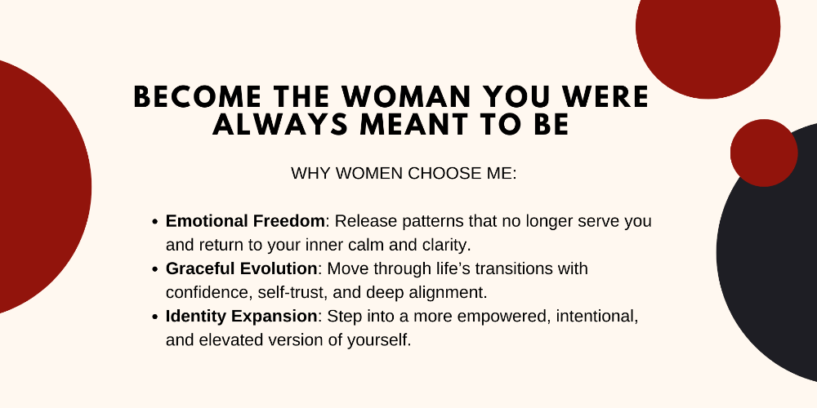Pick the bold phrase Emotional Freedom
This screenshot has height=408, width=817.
tap(245, 221)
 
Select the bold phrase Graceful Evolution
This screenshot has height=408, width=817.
tap(241, 268)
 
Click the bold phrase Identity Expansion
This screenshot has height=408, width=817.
tap(241, 316)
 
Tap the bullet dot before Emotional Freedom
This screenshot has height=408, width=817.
tap(154, 222)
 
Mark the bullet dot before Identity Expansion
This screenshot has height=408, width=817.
tap(154, 317)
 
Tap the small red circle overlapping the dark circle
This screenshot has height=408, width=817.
tap(764, 153)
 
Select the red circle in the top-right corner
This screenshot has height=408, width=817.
tap(708, 31)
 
